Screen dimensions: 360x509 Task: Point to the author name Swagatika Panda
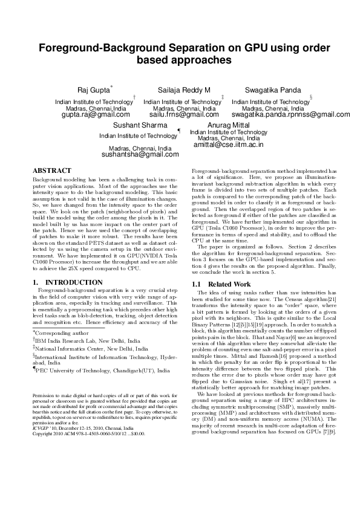pos(269,90)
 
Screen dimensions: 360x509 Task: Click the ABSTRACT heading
pos(52,171)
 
